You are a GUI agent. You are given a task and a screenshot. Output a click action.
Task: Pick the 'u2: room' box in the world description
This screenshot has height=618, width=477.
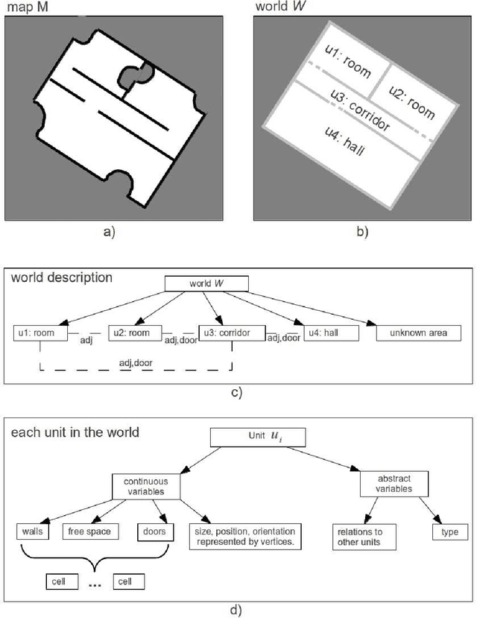136,332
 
